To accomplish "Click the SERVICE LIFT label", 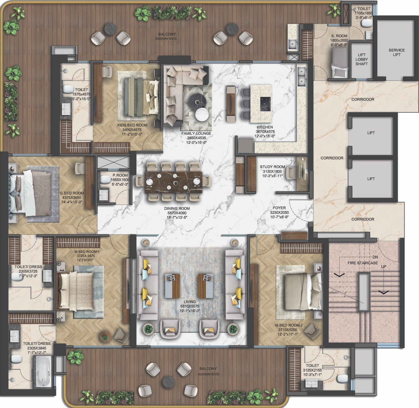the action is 396,52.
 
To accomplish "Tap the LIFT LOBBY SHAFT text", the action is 361,59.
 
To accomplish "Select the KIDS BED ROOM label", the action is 132,125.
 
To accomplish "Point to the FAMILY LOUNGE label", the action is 196,133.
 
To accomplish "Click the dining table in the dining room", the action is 174,182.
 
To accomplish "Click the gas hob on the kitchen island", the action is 265,104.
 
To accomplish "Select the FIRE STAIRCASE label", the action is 363,263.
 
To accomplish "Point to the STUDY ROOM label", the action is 272,167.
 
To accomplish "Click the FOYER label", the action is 279,208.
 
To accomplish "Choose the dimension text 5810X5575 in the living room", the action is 189,306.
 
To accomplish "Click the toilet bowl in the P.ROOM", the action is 105,179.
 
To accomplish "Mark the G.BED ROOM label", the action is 72,193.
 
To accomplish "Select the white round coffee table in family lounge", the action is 202,114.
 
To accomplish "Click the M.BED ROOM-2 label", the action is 289,325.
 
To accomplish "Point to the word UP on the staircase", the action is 383,267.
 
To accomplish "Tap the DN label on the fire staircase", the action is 375,257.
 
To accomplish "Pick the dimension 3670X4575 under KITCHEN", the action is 265,132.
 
